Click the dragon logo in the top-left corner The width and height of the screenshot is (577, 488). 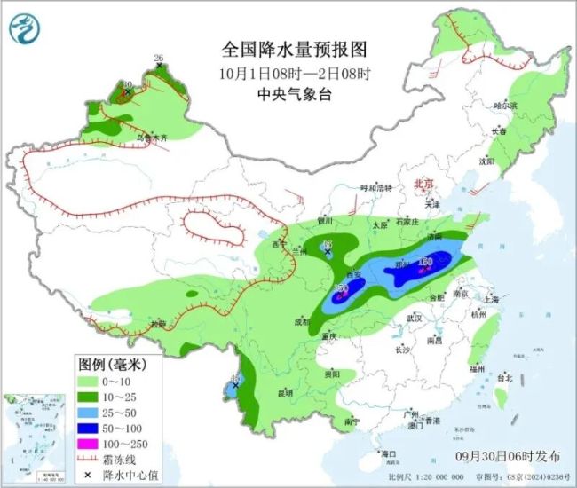click(x=25, y=32)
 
